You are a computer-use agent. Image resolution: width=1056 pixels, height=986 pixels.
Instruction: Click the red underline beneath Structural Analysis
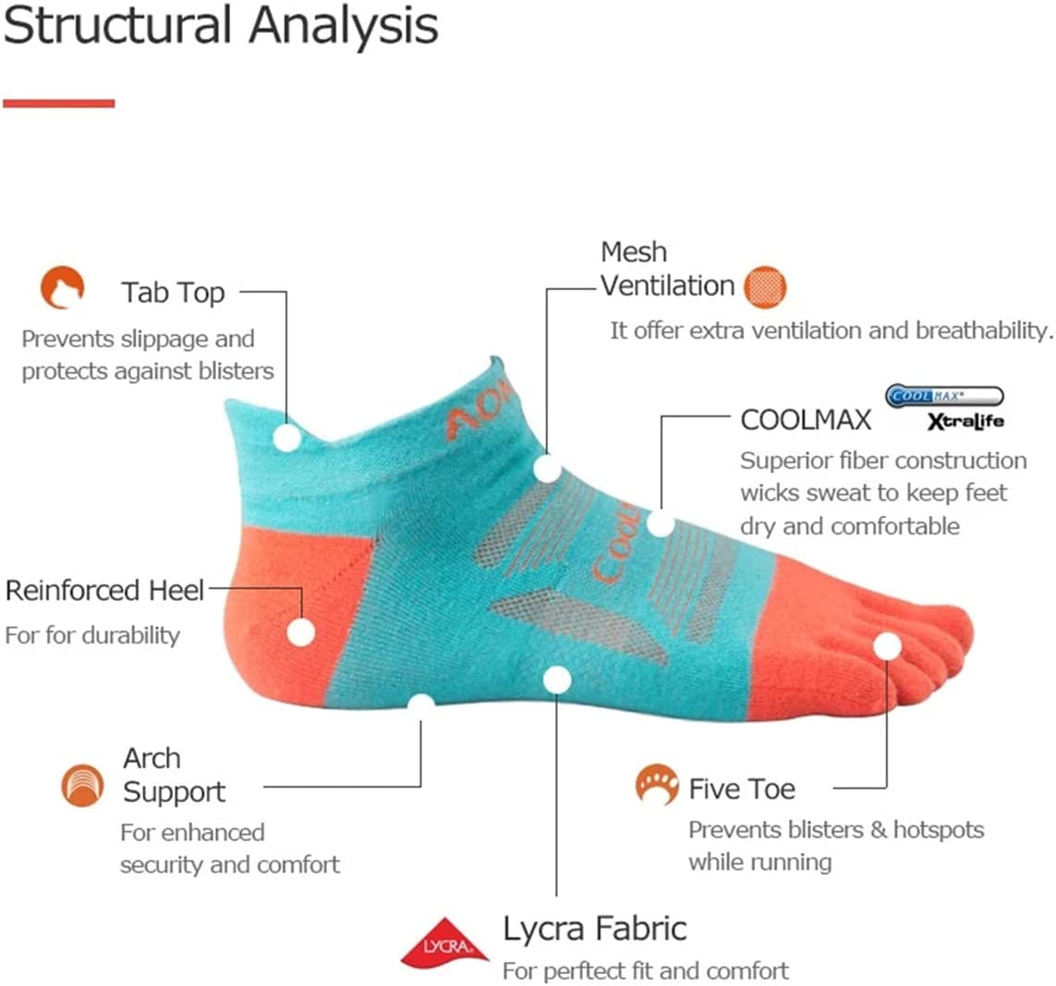click(x=58, y=103)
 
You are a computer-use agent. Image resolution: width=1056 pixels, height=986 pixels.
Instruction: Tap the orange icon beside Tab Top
click(x=62, y=287)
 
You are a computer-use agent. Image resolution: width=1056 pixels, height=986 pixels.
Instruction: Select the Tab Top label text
click(x=173, y=293)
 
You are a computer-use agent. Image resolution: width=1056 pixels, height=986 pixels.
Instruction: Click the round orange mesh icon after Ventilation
click(x=764, y=287)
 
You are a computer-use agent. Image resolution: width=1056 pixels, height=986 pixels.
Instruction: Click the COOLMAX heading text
click(x=806, y=420)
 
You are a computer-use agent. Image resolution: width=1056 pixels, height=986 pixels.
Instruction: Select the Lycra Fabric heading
click(x=594, y=928)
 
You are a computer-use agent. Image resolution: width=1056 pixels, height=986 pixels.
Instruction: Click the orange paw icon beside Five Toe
click(x=657, y=785)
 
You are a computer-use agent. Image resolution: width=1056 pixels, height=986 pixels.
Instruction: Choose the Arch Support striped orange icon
click(x=82, y=786)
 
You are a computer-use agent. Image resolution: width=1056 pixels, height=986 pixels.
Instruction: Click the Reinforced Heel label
click(x=104, y=591)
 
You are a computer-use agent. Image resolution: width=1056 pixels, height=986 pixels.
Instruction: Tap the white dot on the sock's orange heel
click(x=300, y=632)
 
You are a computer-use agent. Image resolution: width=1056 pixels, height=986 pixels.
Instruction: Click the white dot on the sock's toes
click(x=887, y=645)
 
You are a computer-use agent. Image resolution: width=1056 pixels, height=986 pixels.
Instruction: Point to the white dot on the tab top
click(x=287, y=437)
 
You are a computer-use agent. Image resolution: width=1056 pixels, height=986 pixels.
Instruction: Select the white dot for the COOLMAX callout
click(x=660, y=523)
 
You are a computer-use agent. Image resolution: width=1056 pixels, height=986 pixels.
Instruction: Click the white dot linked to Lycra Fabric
click(x=556, y=680)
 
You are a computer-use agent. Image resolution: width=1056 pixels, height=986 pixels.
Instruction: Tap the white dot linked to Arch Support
click(x=421, y=706)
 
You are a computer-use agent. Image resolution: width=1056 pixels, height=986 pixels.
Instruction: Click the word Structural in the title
click(x=111, y=26)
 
